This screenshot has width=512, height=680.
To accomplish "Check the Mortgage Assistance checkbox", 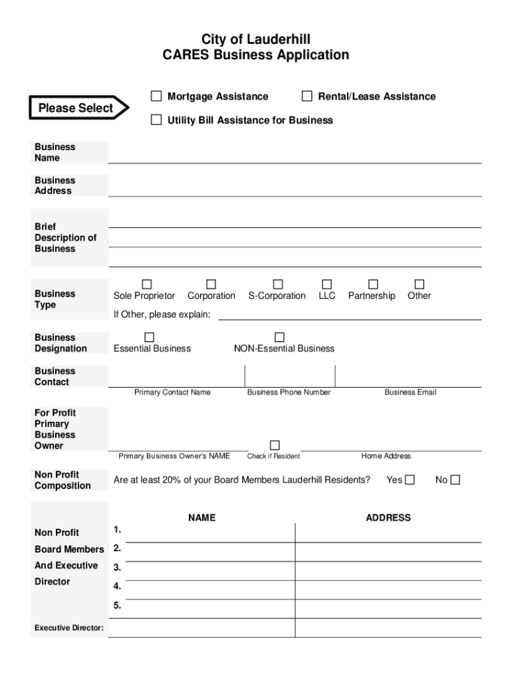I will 156,96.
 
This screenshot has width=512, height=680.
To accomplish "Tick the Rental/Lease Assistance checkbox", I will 307,96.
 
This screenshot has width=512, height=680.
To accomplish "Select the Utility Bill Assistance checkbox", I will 156,120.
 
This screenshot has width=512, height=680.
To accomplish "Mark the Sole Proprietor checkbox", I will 146,284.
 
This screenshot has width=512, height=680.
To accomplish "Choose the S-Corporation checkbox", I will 278,284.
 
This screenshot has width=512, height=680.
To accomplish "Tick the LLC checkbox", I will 326,284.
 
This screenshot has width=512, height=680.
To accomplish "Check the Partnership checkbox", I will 373,284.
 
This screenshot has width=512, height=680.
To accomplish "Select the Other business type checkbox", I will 419,284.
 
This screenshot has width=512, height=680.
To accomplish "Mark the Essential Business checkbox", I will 150,337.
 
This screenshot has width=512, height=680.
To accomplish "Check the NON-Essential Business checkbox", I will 279,337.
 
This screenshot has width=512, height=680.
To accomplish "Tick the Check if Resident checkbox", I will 275,445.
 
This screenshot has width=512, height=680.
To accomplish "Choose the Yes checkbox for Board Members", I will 410,479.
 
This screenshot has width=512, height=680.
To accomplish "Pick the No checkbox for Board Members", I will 455,479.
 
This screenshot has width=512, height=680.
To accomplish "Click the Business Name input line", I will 295,157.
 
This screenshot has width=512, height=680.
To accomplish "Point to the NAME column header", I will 201,517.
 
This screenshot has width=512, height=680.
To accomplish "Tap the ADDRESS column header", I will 388,517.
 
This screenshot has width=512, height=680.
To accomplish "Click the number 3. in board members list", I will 117,568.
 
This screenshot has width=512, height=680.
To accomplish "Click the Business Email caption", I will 410,392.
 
